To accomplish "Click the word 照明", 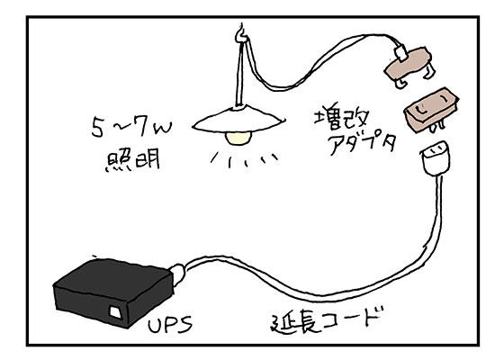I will pos(124,163).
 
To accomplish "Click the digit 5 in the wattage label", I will pos(96,125).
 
